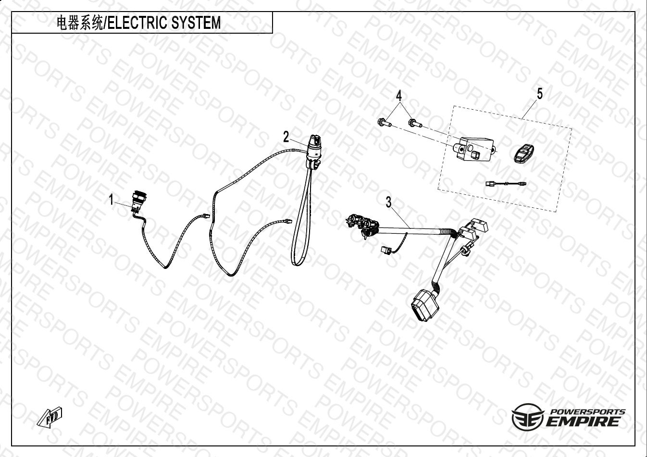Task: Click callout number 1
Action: (112, 200)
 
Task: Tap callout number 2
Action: (286, 137)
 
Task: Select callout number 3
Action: (389, 203)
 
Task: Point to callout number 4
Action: (399, 96)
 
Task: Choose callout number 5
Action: (540, 94)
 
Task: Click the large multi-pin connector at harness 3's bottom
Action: (423, 304)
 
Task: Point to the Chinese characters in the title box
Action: (79, 23)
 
